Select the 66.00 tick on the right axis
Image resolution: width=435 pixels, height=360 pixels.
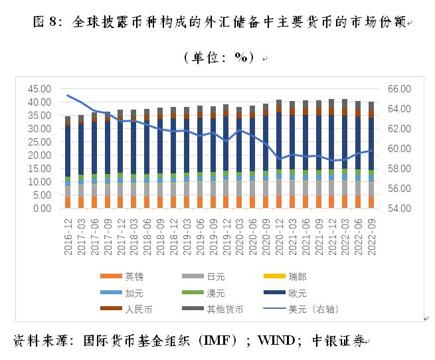tap(401, 89)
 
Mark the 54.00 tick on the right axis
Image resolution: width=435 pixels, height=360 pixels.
tap(401, 209)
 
